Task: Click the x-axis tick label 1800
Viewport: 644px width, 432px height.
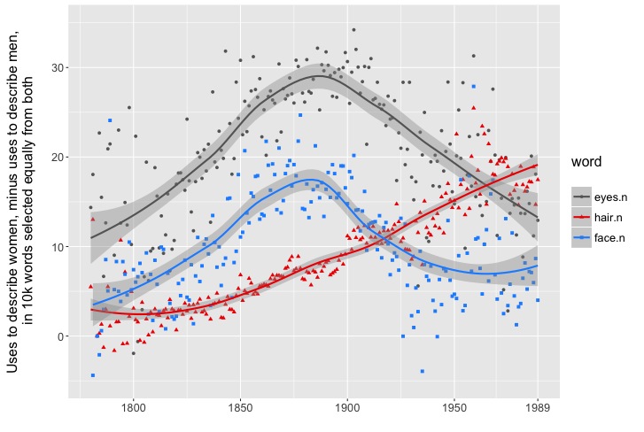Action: pos(133,411)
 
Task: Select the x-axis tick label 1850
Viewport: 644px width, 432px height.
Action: pos(240,411)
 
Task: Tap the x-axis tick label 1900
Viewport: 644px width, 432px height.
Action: pos(347,411)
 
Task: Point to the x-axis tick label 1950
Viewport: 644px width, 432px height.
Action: pos(454,411)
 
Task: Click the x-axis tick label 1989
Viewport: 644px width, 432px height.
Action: pos(537,411)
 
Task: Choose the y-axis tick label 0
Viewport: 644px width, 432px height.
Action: pos(59,336)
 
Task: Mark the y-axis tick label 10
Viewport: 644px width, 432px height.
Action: pos(56,247)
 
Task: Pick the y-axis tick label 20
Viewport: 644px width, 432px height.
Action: pos(56,158)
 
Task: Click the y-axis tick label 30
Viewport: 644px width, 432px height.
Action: pos(56,68)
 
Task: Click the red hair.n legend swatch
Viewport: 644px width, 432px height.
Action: pos(581,215)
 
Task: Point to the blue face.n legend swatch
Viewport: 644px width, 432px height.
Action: pos(581,236)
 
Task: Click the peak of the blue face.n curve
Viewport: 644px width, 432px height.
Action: pos(311,181)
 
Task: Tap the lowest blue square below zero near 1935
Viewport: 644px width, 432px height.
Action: pos(422,371)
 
